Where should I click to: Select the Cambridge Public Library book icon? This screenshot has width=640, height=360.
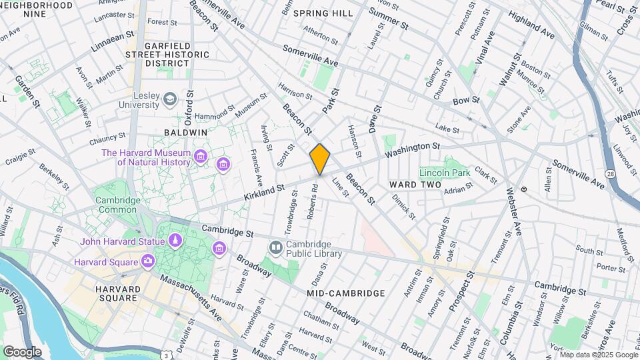pos(275,248)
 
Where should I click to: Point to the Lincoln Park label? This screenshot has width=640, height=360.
pos(445,173)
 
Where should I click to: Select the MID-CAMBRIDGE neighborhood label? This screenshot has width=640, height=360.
pos(346,293)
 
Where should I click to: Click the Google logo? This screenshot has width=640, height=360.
pos(22,351)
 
